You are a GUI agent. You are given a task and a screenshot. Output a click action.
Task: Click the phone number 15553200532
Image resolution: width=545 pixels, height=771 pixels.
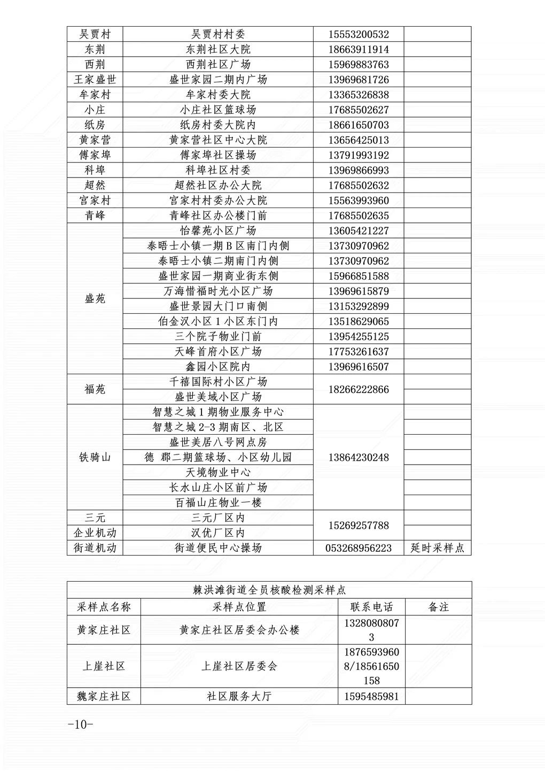359,35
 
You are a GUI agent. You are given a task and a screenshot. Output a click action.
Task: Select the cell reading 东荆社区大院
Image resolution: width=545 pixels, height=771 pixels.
218,50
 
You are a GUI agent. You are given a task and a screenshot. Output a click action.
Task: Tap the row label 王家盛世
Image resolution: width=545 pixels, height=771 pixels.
95,80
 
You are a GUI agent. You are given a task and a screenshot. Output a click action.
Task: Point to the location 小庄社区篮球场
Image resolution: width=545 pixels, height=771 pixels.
218,110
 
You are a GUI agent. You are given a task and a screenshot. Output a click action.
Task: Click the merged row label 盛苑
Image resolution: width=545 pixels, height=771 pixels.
95,299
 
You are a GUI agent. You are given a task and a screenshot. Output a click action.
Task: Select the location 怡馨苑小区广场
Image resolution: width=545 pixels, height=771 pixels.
218,231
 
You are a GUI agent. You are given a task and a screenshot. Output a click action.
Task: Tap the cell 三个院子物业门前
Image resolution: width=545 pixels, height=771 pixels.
218,337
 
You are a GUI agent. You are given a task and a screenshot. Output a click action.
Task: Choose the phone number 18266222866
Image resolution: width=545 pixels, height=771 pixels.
359,389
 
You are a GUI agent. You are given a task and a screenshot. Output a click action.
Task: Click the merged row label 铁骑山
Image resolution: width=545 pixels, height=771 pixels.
95,458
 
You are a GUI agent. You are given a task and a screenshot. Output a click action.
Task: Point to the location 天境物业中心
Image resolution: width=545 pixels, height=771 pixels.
218,473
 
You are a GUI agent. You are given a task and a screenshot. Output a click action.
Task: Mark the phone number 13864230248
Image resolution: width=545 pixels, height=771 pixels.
359,458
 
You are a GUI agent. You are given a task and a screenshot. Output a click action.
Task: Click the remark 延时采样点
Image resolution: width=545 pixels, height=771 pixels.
437,548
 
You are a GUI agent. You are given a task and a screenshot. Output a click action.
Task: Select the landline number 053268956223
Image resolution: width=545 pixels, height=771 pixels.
359,548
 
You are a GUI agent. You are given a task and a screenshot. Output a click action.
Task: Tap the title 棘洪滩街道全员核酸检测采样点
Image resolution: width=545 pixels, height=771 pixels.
269,590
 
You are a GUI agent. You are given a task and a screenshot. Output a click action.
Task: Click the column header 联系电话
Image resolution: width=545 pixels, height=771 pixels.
371,607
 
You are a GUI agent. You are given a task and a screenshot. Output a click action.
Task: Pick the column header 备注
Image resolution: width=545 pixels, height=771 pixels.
439,607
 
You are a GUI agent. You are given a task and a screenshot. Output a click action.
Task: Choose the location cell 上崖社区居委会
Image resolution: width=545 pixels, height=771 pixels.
239,667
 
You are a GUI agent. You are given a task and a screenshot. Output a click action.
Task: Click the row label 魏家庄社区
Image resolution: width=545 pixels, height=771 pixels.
104,697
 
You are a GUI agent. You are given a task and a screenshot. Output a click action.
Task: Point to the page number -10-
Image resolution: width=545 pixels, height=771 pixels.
81,724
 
